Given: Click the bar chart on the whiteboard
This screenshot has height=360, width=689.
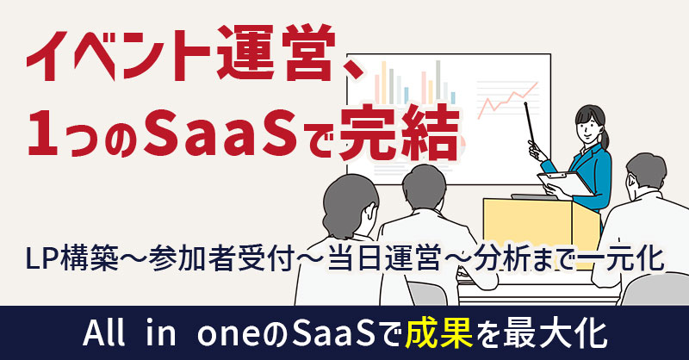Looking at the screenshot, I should point(405,86).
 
